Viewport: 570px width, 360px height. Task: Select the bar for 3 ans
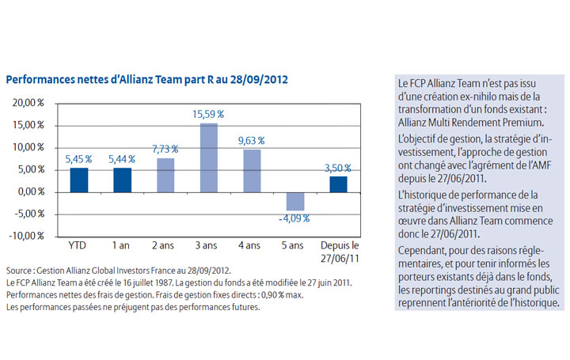[208, 157]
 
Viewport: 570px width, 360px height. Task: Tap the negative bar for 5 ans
[295, 201]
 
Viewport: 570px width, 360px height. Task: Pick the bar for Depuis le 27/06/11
[338, 184]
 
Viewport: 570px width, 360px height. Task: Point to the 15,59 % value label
[208, 115]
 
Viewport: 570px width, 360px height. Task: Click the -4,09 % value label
[295, 218]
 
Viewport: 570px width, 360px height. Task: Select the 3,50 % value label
[339, 168]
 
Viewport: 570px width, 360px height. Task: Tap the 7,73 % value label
[165, 149]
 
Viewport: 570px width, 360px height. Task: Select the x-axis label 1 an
[122, 245]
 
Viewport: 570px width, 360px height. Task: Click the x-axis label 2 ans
[165, 245]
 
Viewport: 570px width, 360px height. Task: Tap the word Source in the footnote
[17, 269]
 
